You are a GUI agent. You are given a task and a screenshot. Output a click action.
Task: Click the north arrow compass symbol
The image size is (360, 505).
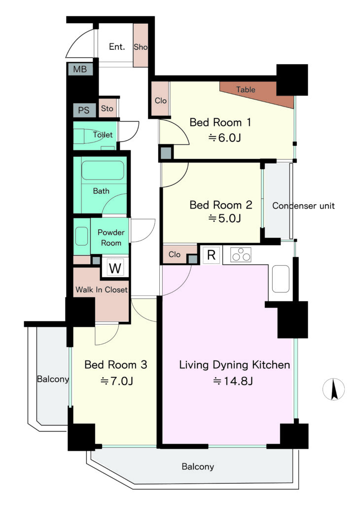point(333,389)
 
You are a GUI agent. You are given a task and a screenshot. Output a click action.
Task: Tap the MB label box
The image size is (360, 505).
point(80,69)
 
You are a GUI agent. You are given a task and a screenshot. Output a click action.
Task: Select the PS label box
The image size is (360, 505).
point(84,110)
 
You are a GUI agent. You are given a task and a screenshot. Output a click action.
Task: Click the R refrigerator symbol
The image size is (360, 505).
point(211,255)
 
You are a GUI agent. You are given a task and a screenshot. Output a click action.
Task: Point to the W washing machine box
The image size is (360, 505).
point(115,268)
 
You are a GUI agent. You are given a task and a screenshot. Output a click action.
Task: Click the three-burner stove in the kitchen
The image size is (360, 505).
point(241,254)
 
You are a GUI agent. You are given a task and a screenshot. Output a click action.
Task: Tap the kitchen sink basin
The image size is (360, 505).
point(281,279)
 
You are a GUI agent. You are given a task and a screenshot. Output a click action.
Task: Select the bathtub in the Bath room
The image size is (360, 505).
point(103,170)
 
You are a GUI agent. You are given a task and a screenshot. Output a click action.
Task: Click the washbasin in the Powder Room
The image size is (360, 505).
point(81,236)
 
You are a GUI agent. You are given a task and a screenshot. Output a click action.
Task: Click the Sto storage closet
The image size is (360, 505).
point(108,108)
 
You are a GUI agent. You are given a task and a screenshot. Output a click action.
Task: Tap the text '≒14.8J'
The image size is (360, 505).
point(233,381)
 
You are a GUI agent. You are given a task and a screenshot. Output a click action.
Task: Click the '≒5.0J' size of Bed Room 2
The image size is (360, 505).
point(225,218)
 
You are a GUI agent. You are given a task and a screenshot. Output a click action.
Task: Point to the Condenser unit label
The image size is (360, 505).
point(303,206)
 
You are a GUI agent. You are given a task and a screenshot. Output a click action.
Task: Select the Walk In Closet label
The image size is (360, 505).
point(102,289)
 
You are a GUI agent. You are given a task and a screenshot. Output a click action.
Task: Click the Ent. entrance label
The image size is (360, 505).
point(117,47)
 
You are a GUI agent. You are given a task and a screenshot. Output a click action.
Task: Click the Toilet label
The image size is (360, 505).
point(103,135)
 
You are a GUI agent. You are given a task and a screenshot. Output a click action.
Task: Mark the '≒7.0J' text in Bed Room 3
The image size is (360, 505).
point(116,381)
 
